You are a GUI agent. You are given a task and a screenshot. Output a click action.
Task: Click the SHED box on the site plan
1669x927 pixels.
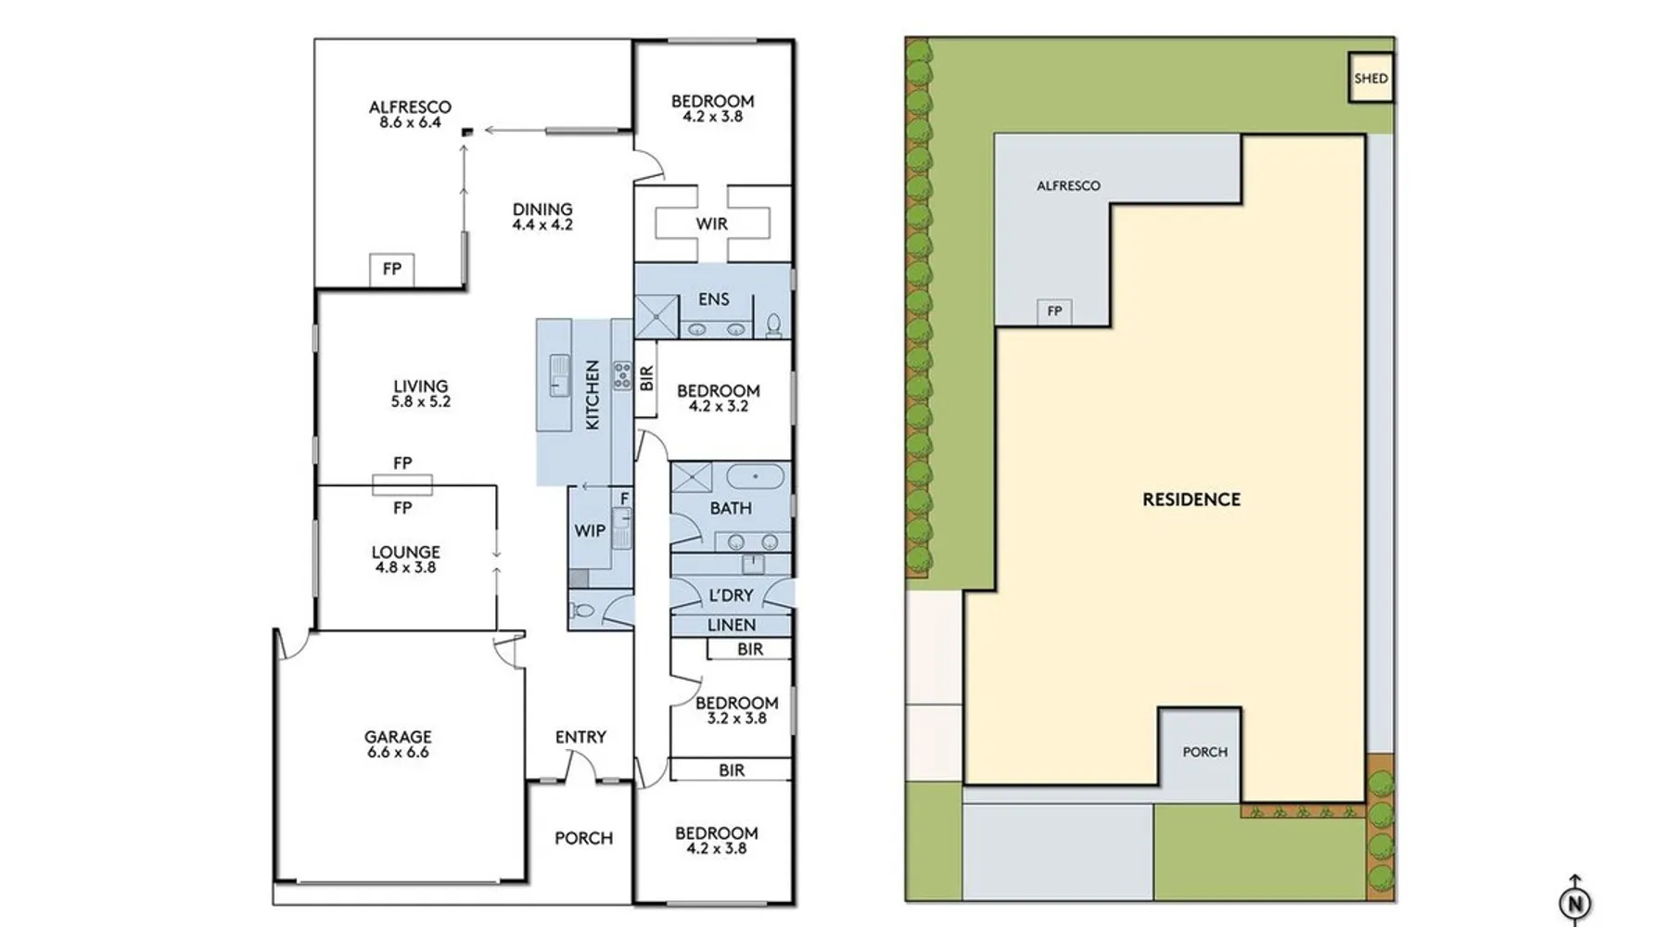point(1370,78)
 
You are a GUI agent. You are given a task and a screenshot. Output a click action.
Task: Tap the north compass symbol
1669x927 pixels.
point(1574,901)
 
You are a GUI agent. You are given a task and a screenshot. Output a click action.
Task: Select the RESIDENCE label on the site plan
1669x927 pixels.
point(1191,500)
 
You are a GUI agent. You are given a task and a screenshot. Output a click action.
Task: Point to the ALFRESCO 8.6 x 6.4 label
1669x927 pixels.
point(410,114)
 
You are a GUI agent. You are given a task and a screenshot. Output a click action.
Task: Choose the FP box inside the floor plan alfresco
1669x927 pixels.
point(392,270)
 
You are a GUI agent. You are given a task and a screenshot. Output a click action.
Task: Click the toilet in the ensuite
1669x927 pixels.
point(773,324)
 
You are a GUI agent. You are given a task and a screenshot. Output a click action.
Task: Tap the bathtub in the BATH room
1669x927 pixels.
point(756,476)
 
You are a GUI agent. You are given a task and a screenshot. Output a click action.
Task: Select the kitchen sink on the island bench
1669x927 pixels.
point(559,375)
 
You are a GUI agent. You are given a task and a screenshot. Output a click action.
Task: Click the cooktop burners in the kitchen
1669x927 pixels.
point(622,374)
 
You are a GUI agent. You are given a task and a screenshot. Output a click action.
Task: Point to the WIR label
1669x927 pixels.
point(712,223)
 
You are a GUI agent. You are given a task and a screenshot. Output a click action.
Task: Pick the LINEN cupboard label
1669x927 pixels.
point(732,625)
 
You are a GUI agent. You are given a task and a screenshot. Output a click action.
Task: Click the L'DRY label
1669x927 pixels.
point(732,595)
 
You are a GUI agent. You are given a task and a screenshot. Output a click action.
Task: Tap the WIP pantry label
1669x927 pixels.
point(590,530)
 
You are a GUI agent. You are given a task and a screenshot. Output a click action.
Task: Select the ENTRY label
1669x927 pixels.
point(580,737)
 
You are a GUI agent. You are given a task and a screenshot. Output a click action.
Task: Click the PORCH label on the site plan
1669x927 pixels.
point(1204,752)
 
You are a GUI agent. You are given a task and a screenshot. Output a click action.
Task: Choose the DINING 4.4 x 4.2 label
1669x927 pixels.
point(542,216)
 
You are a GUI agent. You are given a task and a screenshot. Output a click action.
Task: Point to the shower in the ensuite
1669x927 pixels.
point(657,316)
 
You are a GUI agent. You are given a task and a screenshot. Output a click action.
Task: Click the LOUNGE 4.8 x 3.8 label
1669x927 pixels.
point(405,559)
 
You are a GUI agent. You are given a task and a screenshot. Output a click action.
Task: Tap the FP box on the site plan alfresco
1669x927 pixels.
point(1054,311)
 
